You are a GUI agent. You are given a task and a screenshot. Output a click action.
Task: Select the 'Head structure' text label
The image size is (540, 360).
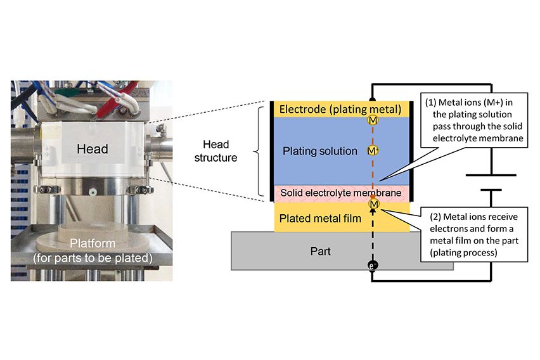215,150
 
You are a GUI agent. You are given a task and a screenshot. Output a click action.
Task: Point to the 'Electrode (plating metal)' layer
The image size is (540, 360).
341,110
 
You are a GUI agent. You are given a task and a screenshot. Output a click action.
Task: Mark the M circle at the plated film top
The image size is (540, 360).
373,204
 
